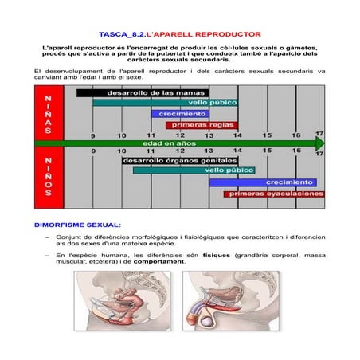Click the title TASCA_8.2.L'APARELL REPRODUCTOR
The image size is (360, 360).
[x=179, y=36]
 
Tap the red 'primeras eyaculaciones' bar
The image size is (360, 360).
[x=274, y=193]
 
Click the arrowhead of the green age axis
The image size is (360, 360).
[x=319, y=143]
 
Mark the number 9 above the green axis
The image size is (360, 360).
[x=92, y=135]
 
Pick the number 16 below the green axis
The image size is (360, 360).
[x=295, y=151]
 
